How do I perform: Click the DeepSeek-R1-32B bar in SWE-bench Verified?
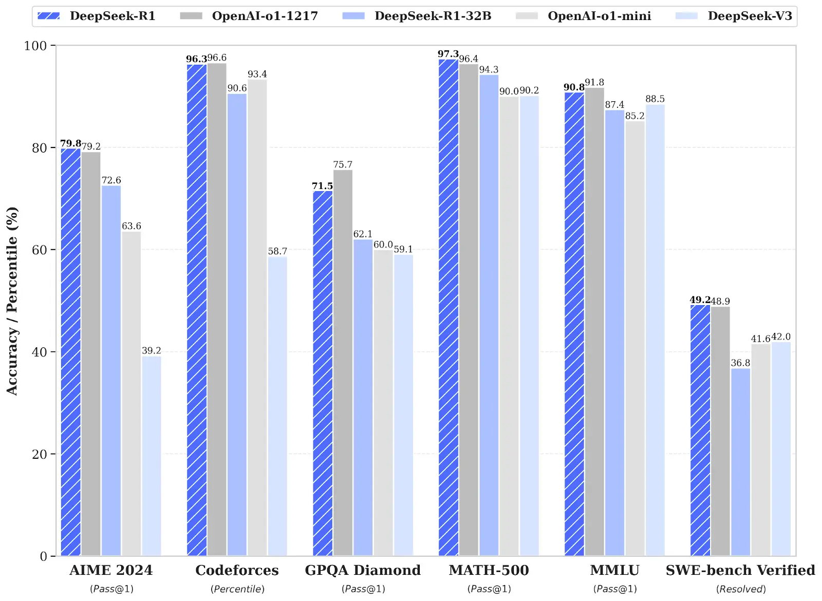click(x=740, y=462)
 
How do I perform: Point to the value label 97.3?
click(x=448, y=54)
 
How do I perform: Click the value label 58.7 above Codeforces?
click(x=277, y=251)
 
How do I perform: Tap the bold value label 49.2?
click(x=700, y=299)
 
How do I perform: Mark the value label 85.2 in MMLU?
click(x=634, y=116)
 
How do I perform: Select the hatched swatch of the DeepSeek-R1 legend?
click(x=49, y=16)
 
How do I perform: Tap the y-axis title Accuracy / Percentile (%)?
click(x=12, y=300)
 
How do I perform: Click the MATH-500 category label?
click(x=489, y=570)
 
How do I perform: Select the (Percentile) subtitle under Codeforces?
click(x=237, y=589)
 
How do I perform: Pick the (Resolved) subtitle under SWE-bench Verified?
click(x=741, y=589)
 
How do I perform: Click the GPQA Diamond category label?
click(x=363, y=570)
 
